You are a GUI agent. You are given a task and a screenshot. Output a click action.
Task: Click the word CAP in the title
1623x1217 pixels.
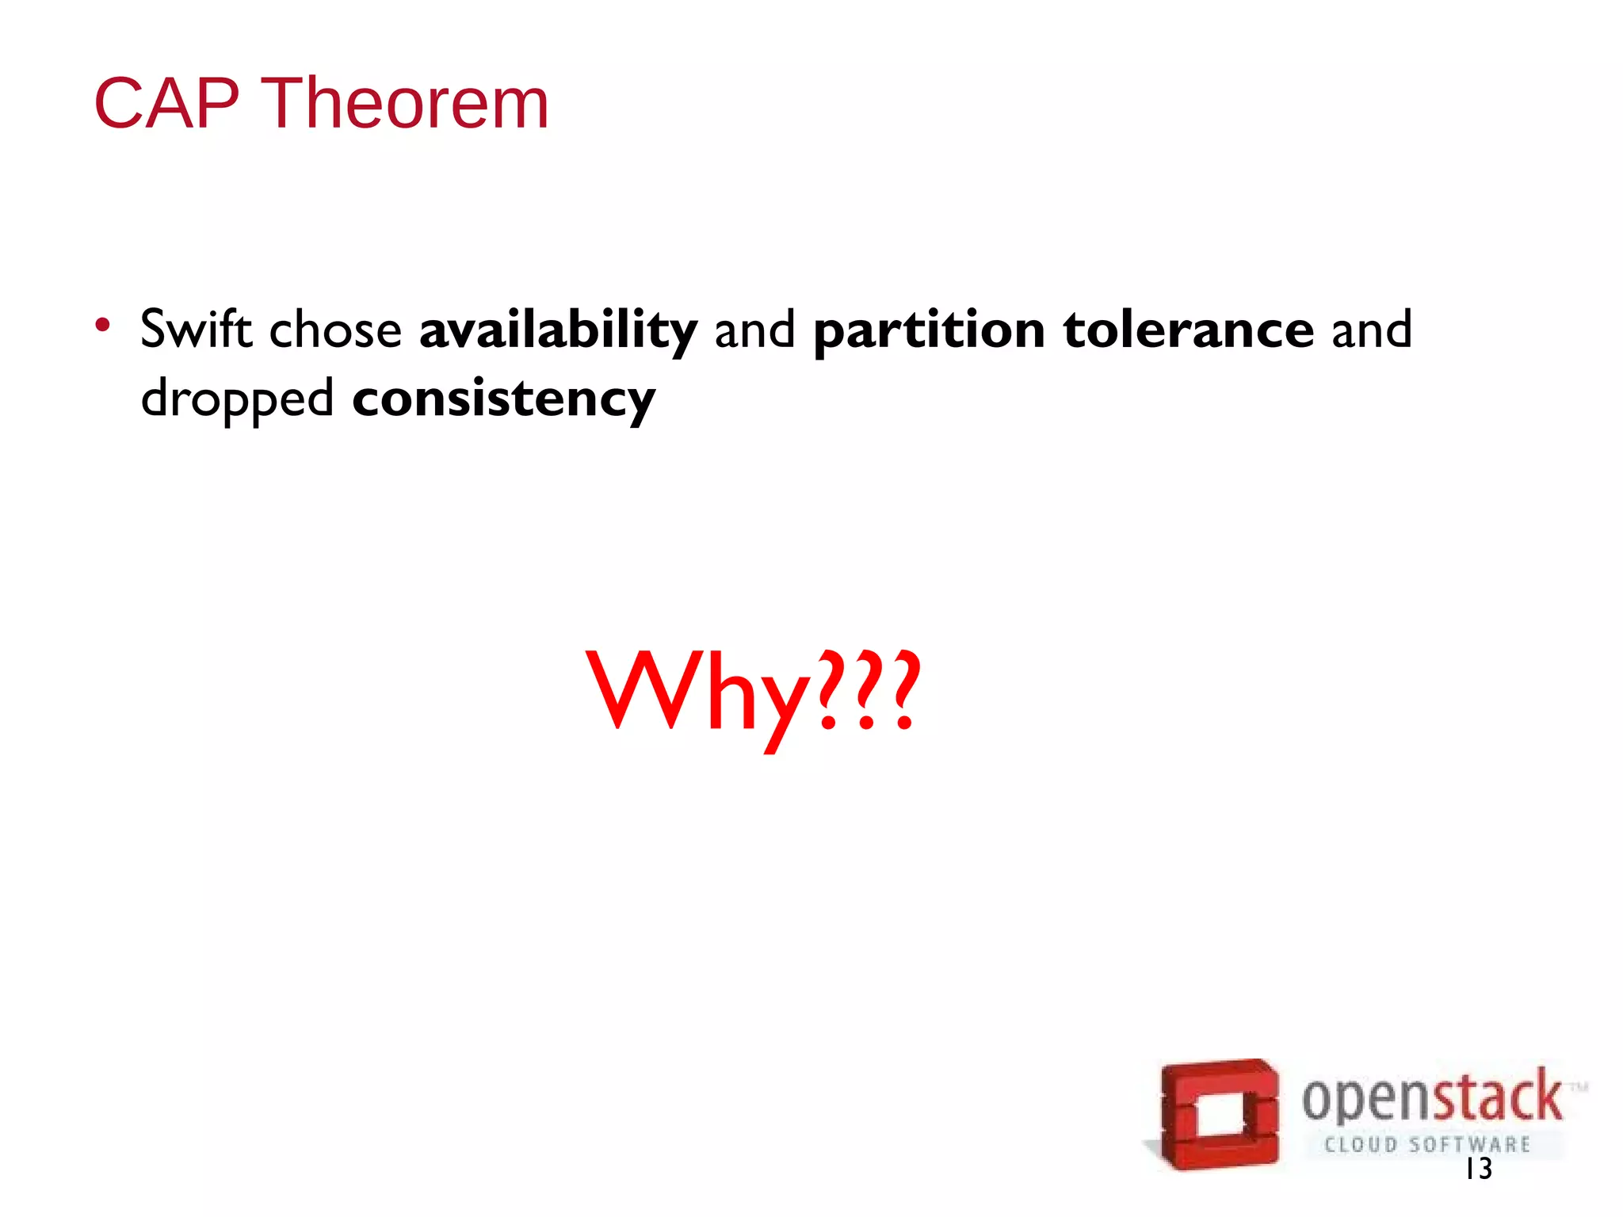166,104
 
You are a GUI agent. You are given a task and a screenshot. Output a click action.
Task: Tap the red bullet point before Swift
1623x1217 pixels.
102,324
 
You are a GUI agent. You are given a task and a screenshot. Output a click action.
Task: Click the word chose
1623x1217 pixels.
335,330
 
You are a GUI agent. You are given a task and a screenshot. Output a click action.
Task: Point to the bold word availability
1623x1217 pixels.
558,330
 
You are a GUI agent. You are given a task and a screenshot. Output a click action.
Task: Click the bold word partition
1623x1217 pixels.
929,330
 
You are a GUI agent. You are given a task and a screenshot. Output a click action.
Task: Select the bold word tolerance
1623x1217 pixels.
1189,330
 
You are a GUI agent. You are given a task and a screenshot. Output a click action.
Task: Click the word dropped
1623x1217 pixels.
237,399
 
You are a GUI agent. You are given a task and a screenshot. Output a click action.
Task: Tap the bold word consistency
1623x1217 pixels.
504,399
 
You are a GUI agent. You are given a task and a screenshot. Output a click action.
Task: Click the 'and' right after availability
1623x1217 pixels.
754,330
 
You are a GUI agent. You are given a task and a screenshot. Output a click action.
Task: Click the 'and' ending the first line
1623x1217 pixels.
1372,330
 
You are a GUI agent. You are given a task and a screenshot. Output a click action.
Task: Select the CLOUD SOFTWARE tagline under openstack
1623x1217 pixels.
1427,1145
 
